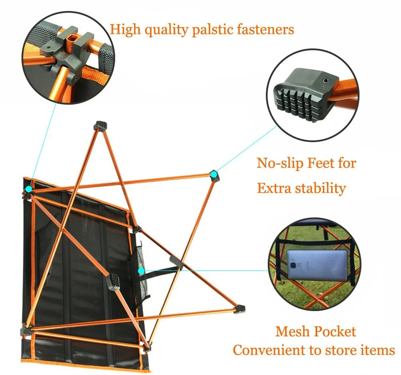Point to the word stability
click(320, 188)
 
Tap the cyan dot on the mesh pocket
click(141, 271)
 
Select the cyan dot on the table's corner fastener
click(29, 189)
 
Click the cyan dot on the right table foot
click(214, 174)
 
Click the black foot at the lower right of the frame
click(240, 309)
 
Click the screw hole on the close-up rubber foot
click(326, 81)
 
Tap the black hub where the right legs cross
click(176, 262)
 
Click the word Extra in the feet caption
click(274, 188)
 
